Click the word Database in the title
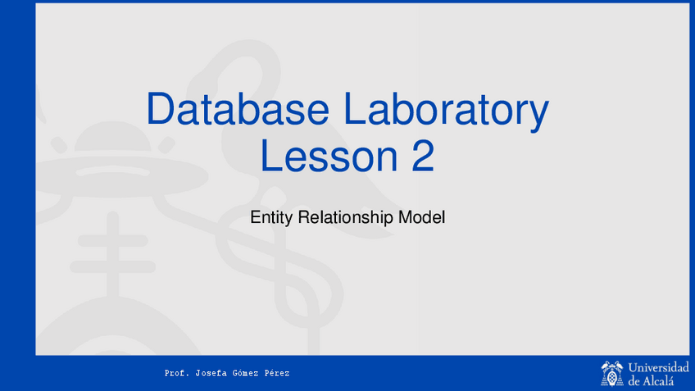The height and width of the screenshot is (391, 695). click(x=238, y=108)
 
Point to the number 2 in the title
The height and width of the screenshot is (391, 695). click(x=423, y=155)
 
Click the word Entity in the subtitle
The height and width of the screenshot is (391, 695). click(x=272, y=218)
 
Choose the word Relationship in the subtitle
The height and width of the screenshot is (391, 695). click(x=345, y=218)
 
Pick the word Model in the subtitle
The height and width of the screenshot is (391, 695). click(x=421, y=217)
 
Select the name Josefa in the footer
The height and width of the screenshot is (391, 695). click(x=211, y=373)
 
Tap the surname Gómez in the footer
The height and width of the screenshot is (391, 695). click(x=245, y=373)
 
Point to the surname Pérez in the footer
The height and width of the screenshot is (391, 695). click(x=277, y=373)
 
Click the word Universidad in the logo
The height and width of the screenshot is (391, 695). click(x=659, y=367)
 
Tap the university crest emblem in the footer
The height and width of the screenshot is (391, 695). click(x=612, y=374)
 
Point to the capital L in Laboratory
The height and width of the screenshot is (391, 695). click(x=356, y=108)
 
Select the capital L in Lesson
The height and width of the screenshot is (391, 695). click(x=270, y=156)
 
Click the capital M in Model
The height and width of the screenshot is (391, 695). click(x=405, y=217)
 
